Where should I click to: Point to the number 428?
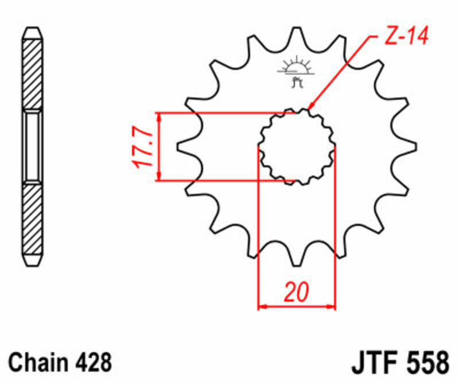(x=94, y=362)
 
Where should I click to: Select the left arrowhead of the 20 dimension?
(x=262, y=307)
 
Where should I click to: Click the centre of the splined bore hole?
(x=296, y=147)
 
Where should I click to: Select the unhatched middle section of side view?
(x=32, y=146)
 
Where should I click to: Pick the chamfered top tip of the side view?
(x=32, y=32)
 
